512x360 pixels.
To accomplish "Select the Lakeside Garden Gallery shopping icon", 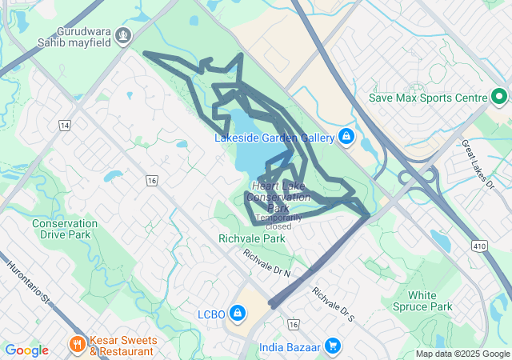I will click(x=346, y=138).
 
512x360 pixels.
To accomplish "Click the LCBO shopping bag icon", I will click(x=238, y=312).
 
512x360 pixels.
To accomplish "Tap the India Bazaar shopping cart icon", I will click(x=333, y=346).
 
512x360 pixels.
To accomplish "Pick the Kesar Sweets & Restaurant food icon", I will click(x=78, y=345).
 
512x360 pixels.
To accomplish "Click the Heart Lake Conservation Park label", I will click(x=278, y=197).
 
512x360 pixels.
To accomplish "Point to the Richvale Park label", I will click(x=251, y=238).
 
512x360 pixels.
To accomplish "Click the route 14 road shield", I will click(x=65, y=126).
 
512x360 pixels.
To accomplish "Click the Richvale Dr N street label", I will click(x=267, y=264).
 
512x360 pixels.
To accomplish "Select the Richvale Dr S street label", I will click(x=333, y=305).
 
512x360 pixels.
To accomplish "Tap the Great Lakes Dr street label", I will click(x=479, y=163).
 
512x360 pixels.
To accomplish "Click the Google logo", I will click(x=26, y=350).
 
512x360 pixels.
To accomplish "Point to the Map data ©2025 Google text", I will click(x=462, y=354).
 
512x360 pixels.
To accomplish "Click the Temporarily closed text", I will click(x=278, y=222).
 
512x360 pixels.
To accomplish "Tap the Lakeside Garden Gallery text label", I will click(x=274, y=138).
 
